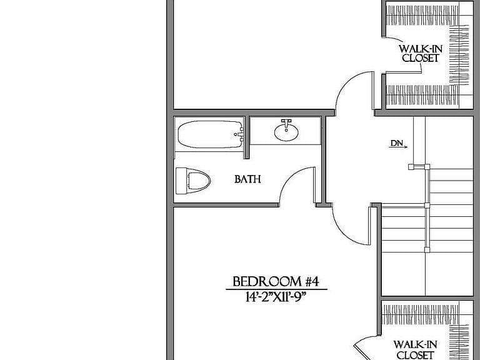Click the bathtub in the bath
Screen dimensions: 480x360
[211, 134]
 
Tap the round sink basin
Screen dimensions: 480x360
[286, 132]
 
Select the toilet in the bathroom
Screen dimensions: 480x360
[193, 181]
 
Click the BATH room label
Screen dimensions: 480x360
[247, 179]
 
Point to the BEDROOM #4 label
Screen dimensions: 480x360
[276, 282]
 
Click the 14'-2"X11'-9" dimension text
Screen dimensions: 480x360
[276, 297]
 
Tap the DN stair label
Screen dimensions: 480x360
[396, 143]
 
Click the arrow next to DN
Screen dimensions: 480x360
[399, 147]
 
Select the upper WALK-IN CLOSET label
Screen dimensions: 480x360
[420, 53]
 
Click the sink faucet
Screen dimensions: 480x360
[286, 123]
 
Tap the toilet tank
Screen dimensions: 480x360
[181, 181]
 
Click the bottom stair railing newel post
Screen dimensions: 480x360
[427, 249]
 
